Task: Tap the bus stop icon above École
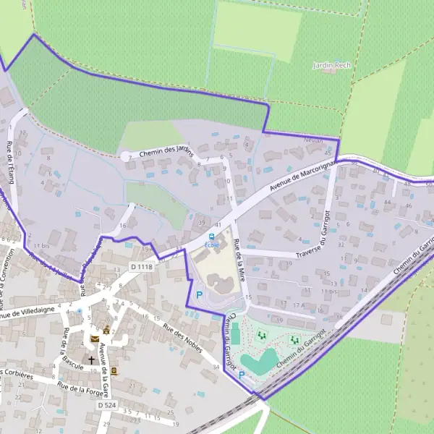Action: click(211, 236)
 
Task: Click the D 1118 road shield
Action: click(142, 267)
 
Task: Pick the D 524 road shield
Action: click(107, 405)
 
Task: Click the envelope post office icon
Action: click(95, 339)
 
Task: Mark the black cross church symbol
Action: click(91, 359)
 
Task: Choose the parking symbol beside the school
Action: click(199, 294)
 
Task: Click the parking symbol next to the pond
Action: click(242, 375)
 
